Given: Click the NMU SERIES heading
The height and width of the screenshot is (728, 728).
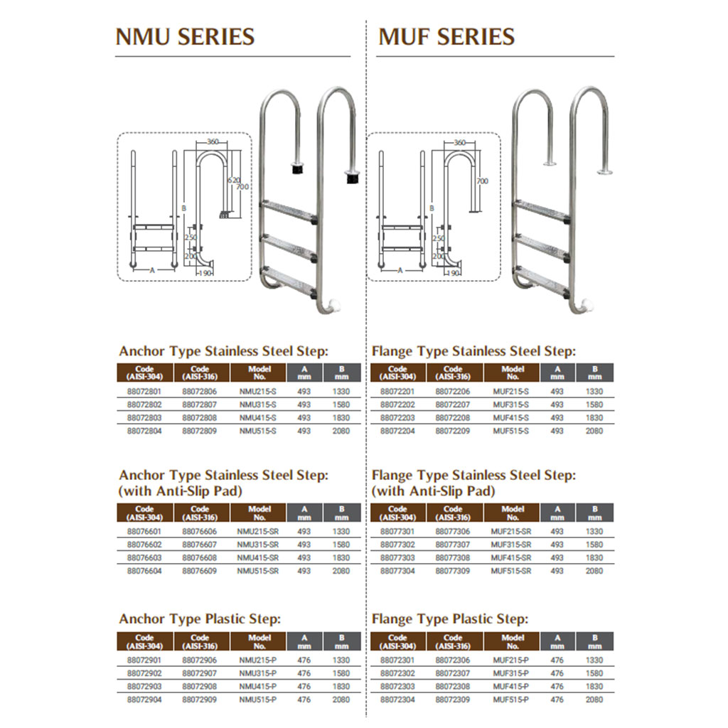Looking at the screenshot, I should pos(185,36).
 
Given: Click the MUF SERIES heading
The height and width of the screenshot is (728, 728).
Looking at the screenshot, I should pos(446,36).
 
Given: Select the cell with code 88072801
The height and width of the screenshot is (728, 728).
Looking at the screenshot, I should pos(144,392).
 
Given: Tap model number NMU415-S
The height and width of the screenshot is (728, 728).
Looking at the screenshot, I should pos(259,418).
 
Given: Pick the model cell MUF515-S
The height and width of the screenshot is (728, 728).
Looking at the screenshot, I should pos(513,431).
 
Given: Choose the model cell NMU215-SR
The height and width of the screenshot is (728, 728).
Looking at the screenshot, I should pos(259,532).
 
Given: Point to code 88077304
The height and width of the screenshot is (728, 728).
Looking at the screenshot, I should pos(397,571).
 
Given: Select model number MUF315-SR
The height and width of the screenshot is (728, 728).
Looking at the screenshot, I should pos(513,545).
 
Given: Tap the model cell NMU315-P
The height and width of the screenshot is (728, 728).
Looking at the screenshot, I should pos(259,673).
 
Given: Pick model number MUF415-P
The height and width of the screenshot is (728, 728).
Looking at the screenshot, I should pos(513,687).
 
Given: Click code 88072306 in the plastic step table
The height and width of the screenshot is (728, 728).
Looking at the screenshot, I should pos(453,660).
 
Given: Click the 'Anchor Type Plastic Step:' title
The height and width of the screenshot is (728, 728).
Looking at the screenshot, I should pos(200,619).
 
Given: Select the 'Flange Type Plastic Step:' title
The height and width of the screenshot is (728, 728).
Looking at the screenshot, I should pos(450,619).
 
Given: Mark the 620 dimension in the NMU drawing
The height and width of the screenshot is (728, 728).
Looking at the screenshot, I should pos(232,181).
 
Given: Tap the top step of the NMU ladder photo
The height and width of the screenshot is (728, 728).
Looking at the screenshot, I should pos(288,210).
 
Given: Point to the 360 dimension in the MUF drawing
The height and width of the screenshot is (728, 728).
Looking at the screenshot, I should pos(459,143).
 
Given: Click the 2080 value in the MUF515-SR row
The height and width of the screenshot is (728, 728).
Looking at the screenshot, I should pos(594,571).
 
